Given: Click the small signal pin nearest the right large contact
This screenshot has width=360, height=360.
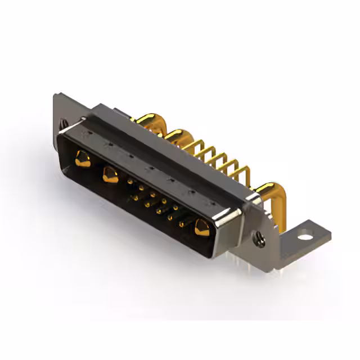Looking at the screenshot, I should pyautogui.click(x=181, y=225).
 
